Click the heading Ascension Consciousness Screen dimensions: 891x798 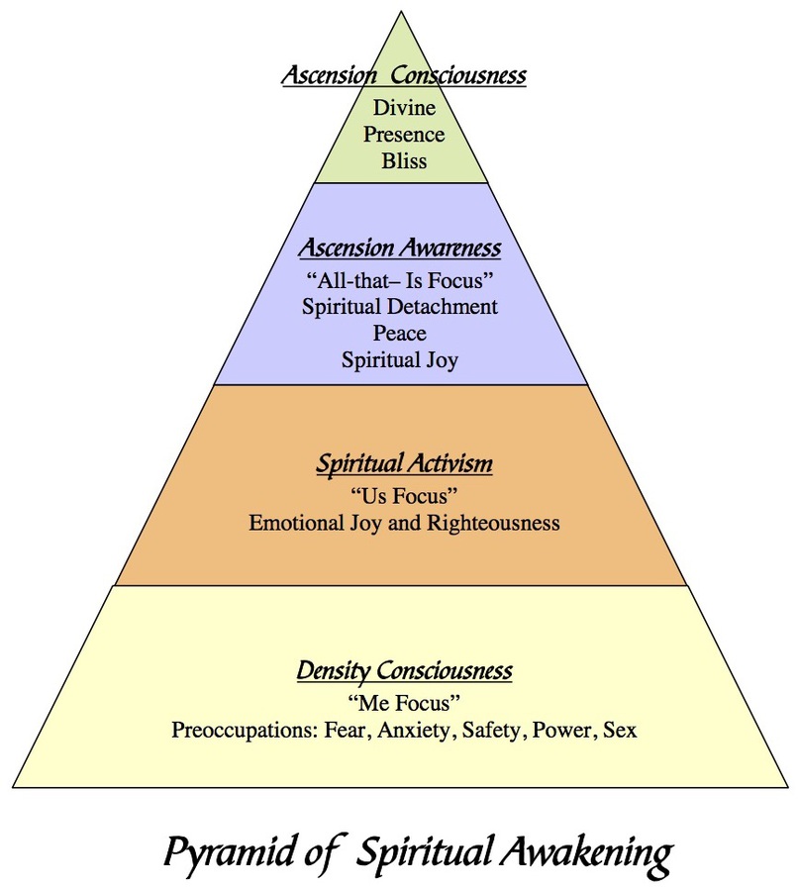tap(403, 75)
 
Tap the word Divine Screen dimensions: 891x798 tap(404, 108)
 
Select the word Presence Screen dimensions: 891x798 tap(404, 134)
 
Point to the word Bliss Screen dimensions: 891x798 tap(404, 160)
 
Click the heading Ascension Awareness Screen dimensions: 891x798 tap(400, 247)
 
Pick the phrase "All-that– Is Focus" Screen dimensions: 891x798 tap(400, 279)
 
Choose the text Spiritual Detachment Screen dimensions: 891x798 tap(400, 307)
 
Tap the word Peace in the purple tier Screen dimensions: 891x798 tap(400, 334)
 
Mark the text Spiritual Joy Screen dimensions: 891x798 tap(400, 360)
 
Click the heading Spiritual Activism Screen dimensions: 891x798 tap(404, 463)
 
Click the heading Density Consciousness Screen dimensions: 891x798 tap(404, 671)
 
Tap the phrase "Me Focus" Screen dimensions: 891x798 tap(404, 704)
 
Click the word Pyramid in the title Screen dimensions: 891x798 tap(227, 853)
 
